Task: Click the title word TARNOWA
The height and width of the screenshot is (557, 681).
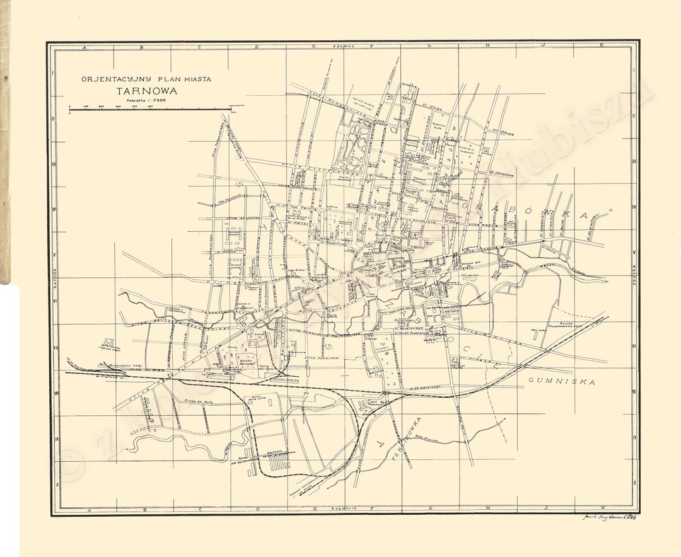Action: (x=146, y=90)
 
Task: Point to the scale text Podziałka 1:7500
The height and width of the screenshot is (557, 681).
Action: (x=145, y=101)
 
